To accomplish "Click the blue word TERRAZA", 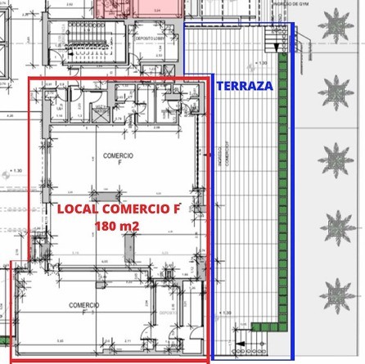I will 244,85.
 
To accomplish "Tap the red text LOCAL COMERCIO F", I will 118,209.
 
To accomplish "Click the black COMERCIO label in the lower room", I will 84,305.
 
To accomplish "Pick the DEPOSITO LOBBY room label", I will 150,38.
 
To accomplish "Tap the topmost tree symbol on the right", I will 337,25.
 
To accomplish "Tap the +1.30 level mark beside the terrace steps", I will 263,62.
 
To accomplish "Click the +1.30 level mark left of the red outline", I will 14,171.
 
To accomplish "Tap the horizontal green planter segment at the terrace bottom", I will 266,326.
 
